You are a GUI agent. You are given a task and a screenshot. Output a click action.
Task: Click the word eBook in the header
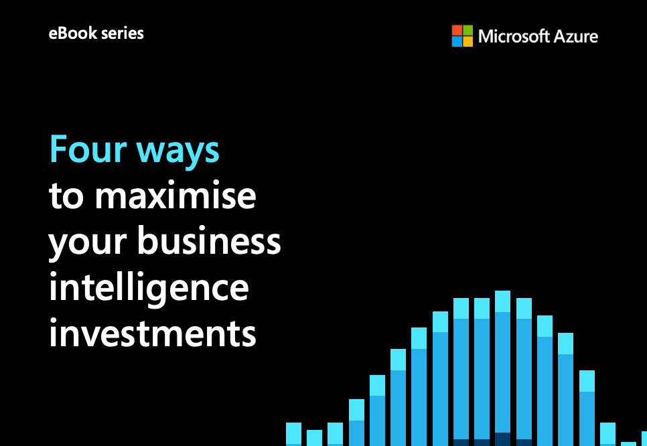point(72,33)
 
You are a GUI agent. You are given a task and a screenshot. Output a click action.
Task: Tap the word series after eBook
point(122,33)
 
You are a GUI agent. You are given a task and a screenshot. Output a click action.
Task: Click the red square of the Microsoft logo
point(457,30)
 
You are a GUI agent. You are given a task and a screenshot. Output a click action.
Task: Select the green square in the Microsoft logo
point(468,30)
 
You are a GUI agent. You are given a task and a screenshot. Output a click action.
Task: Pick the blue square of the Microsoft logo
point(457,42)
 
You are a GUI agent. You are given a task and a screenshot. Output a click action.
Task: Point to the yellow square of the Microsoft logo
point(468,42)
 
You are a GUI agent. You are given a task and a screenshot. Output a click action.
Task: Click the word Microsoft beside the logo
point(513,36)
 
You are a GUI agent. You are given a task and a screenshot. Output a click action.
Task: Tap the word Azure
point(575,37)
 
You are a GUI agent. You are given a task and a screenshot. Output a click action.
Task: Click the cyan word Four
point(88,149)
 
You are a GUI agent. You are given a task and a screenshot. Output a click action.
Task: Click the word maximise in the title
point(175,195)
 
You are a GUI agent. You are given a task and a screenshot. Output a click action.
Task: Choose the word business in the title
point(209,240)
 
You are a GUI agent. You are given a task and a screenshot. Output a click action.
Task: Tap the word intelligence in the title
point(149,288)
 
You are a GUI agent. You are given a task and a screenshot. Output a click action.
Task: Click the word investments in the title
point(153,333)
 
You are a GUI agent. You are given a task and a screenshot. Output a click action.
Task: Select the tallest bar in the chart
point(502,368)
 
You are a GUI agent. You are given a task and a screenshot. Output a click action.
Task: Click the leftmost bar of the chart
point(293,435)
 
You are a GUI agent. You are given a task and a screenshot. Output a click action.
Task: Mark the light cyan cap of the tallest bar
point(502,301)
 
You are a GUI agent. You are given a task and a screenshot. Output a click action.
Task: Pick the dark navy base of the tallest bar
point(502,439)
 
